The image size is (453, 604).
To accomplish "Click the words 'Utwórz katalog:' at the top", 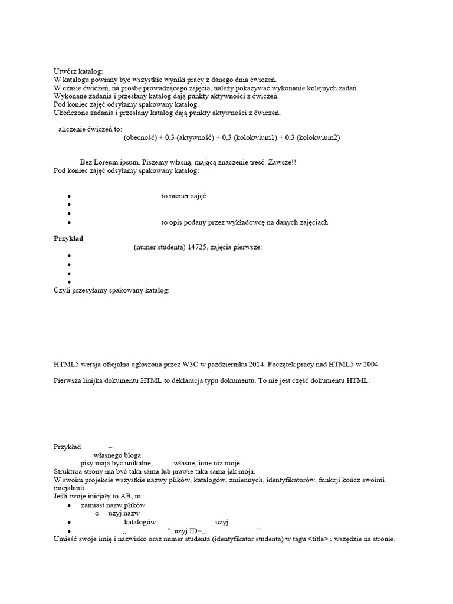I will [x=78, y=71].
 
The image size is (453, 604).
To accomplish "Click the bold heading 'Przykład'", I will [x=68, y=238].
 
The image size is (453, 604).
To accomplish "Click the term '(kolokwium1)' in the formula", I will [x=255, y=137].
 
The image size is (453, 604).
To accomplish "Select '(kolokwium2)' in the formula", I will [x=319, y=137].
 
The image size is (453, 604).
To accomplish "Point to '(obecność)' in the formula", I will [x=143, y=137].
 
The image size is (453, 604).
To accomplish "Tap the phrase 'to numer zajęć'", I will [x=183, y=196].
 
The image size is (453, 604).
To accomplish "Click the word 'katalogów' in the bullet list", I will [x=140, y=522].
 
